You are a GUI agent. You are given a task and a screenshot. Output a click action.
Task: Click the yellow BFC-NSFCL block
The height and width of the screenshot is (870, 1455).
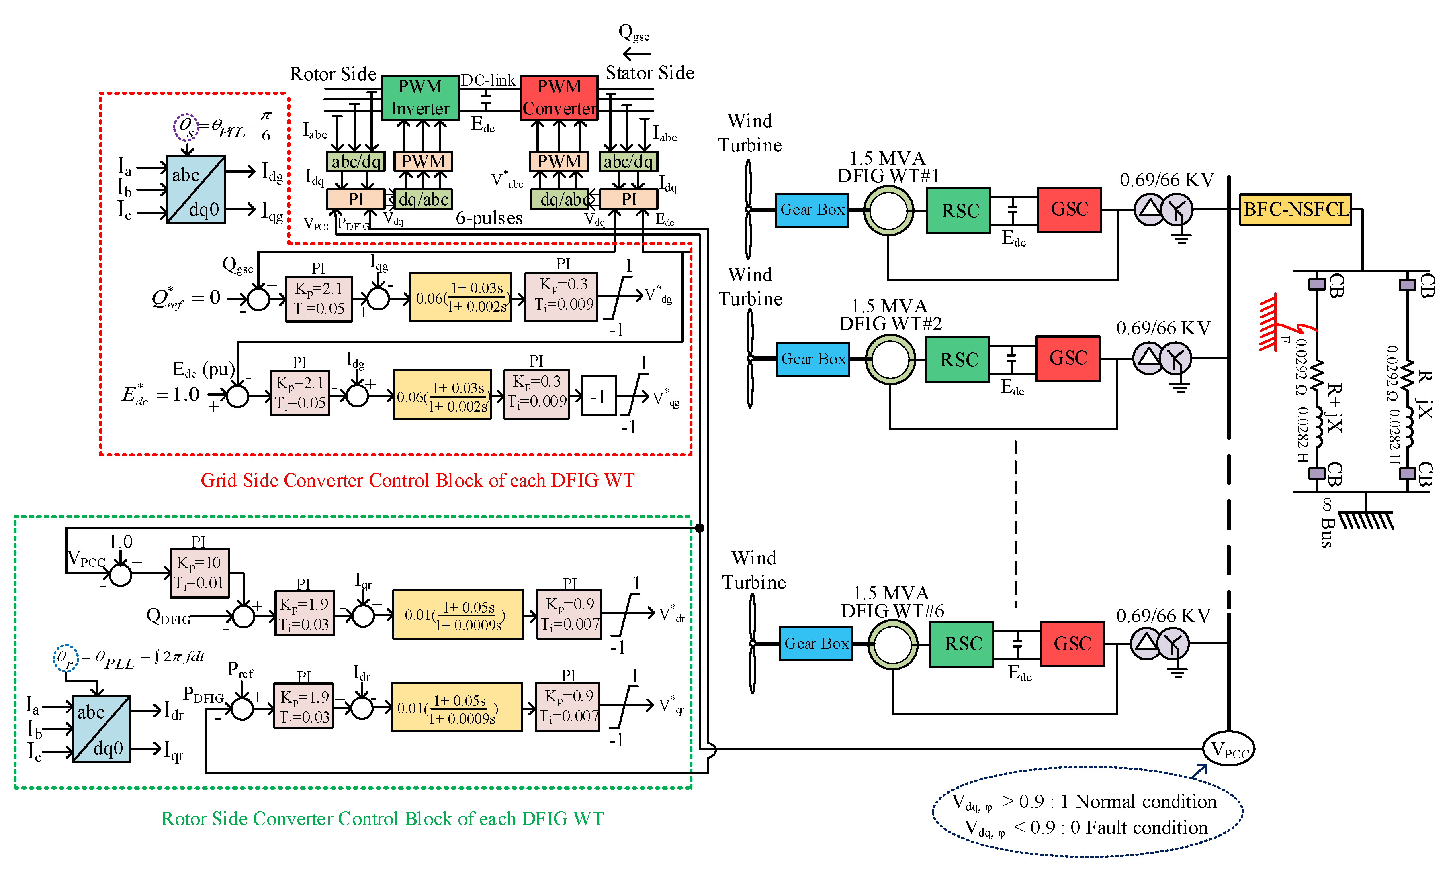coord(1295,209)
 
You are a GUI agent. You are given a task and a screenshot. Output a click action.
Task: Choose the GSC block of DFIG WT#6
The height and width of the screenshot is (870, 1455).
coord(1072,644)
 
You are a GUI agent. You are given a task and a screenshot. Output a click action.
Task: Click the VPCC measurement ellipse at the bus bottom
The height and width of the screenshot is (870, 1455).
coord(1228,749)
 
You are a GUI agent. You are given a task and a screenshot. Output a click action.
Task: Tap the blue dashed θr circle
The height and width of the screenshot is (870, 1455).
coord(65,657)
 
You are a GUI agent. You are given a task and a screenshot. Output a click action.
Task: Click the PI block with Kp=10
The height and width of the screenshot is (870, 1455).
coord(199,573)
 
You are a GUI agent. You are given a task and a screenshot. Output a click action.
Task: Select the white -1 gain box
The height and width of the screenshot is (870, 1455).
coord(598,397)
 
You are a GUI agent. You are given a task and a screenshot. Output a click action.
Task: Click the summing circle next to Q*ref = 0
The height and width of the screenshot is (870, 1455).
coord(258,299)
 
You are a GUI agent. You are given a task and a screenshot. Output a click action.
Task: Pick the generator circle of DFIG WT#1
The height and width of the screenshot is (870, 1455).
coord(888,210)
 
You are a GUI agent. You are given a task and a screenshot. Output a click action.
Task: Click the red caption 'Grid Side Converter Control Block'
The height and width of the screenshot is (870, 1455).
coord(417,480)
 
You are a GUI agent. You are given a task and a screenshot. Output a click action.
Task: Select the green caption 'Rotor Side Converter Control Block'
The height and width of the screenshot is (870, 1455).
coord(382,818)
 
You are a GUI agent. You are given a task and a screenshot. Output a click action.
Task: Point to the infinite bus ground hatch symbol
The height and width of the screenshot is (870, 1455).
coord(1366,520)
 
